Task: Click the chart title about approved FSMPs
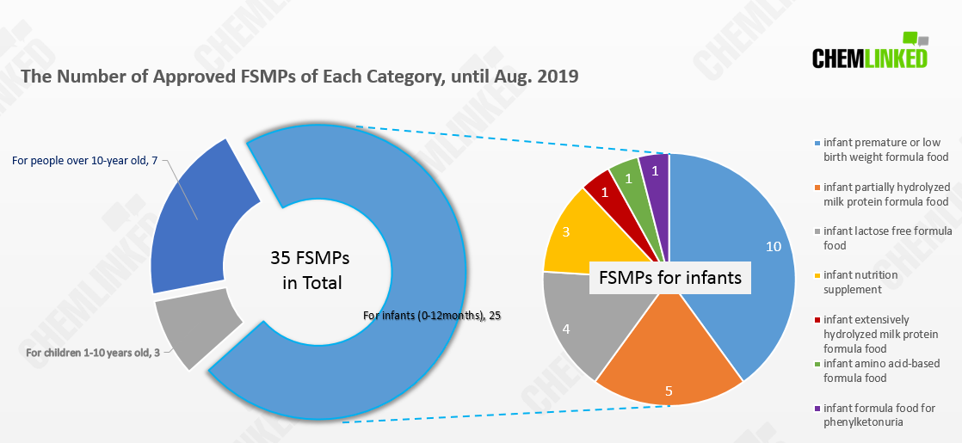(x=299, y=77)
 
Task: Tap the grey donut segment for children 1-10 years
(x=194, y=327)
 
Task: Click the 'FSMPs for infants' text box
(x=671, y=279)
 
